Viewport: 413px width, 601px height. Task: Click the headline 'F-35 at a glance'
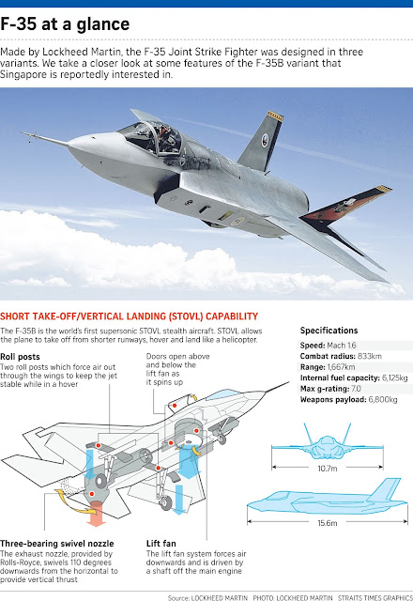65,24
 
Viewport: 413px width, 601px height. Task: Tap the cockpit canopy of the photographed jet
151,136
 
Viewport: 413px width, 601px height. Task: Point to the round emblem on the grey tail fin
265,140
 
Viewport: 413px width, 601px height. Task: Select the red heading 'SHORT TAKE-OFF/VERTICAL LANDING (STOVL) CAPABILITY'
130,316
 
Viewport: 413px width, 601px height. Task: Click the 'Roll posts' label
20,357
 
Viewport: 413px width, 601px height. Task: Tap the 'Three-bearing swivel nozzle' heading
57,544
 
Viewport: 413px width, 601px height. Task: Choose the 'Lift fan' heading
161,544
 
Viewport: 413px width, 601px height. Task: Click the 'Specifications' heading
329,331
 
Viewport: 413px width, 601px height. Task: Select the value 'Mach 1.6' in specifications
342,346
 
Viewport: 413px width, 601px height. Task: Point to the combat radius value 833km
369,356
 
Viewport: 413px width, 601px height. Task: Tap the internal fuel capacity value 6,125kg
394,378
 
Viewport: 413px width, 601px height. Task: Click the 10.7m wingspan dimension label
328,469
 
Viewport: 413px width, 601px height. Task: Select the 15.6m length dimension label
328,523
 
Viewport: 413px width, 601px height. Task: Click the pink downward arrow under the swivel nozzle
96,515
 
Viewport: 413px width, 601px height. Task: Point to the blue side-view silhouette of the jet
327,498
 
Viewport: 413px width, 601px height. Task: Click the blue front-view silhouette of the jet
328,442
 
